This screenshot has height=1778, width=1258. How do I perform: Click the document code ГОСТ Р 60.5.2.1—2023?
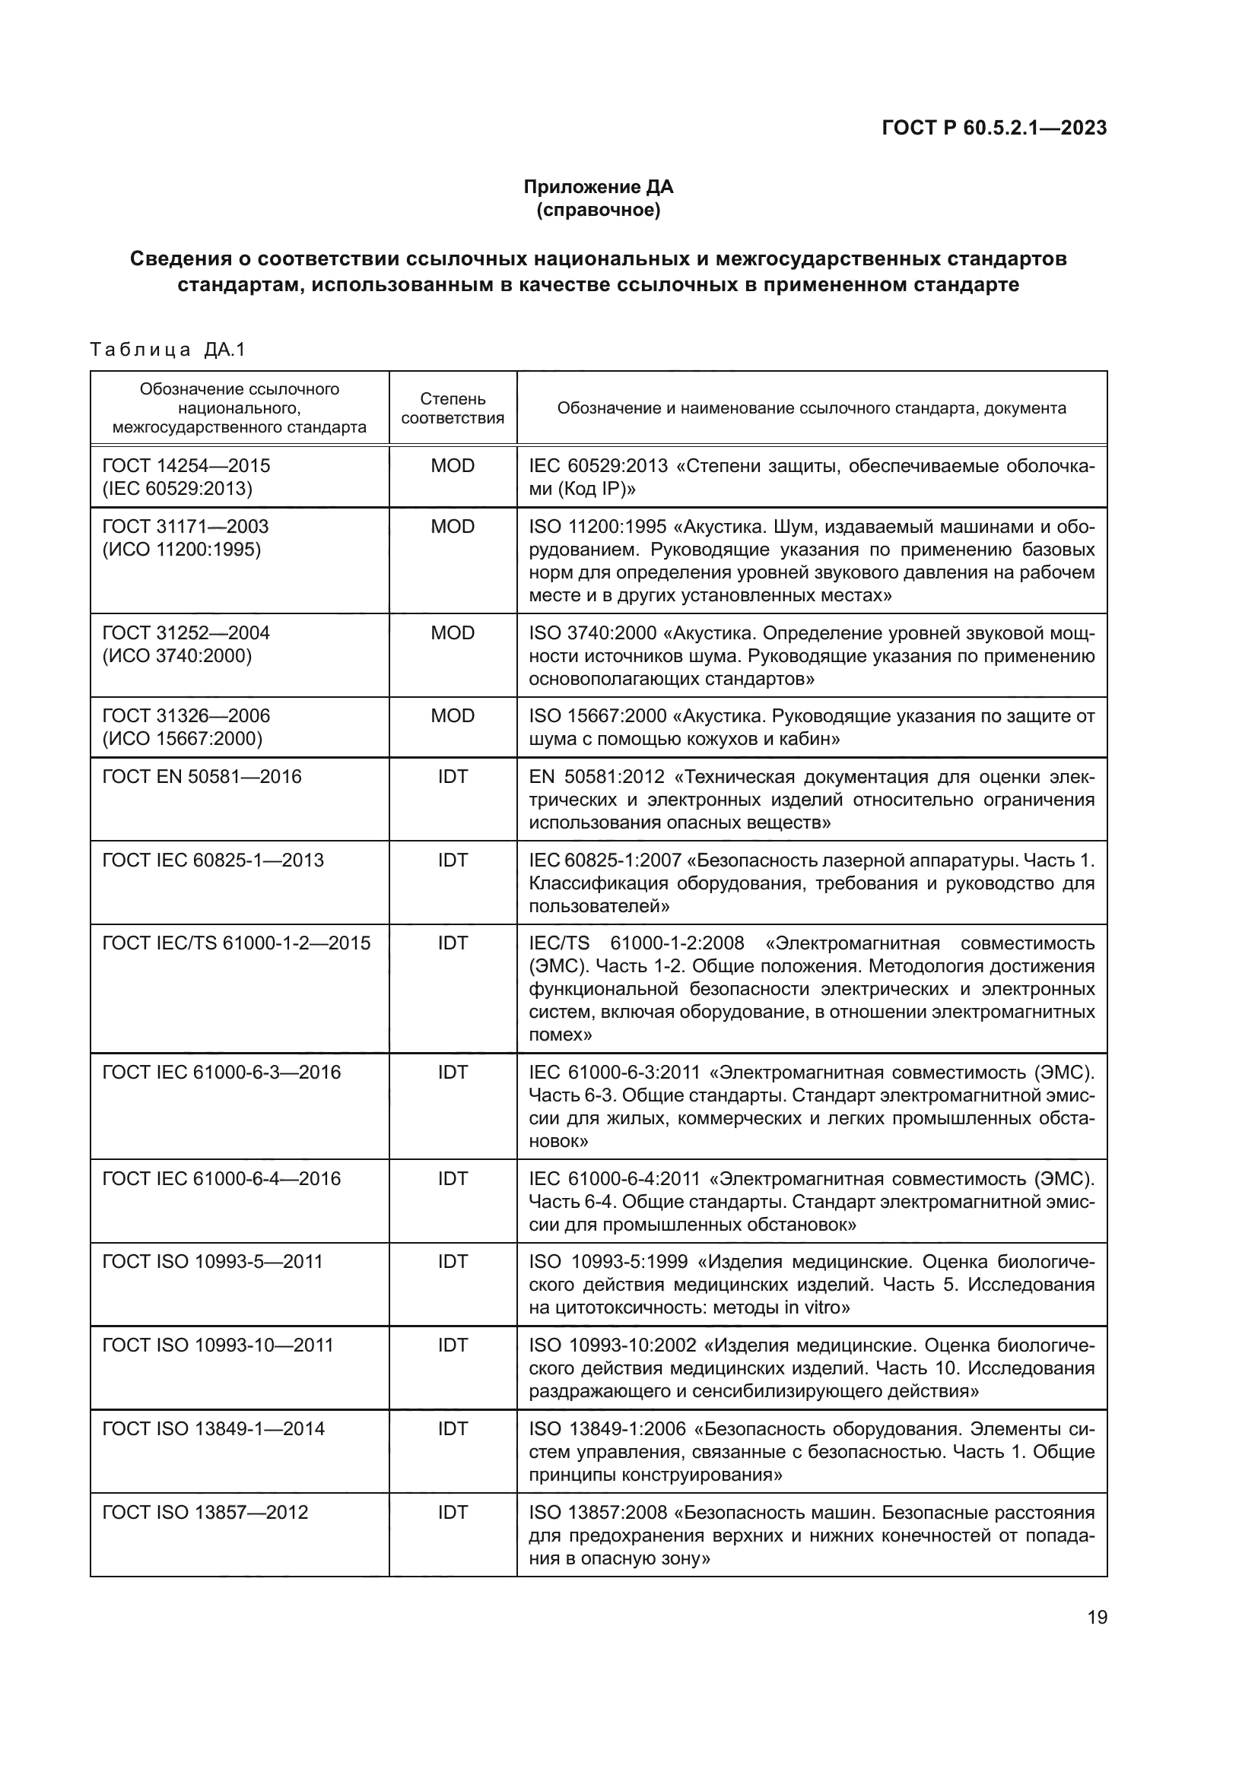click(994, 128)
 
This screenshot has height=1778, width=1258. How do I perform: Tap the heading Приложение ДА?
click(598, 187)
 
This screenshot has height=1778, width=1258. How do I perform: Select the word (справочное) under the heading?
click(598, 210)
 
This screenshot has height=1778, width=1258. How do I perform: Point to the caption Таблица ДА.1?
click(167, 350)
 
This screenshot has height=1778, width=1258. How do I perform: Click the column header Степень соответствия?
click(453, 408)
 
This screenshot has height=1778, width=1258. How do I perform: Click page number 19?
click(1097, 1617)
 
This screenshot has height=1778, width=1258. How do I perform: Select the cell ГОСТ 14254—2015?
click(186, 465)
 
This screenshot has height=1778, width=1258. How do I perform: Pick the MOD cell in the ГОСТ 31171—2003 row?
click(453, 527)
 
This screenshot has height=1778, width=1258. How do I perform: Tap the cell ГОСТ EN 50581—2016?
click(202, 777)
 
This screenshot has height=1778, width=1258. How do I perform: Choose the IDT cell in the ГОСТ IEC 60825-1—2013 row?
click(453, 860)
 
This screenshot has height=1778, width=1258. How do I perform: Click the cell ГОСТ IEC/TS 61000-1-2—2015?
click(237, 943)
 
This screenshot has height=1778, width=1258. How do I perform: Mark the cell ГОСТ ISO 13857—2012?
click(205, 1513)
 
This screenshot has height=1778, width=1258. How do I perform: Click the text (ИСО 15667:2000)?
click(182, 739)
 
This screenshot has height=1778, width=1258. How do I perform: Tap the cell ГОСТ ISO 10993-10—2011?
click(217, 1345)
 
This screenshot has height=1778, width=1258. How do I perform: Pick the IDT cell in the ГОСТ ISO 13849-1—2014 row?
click(453, 1429)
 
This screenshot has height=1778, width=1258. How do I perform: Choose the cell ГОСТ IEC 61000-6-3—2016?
click(221, 1073)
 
